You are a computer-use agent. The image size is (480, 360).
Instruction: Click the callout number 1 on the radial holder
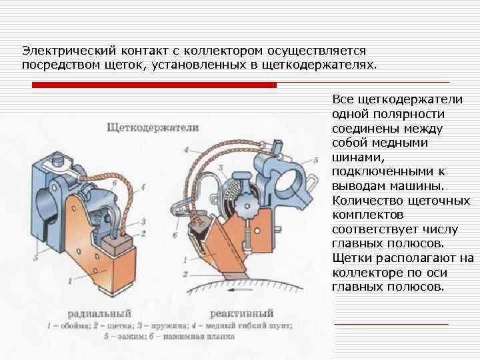(69, 283)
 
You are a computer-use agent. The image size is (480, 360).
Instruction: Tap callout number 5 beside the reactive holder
(315, 161)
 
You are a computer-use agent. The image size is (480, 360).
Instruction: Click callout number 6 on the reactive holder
(175, 235)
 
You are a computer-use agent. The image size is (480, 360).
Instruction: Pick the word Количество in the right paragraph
(363, 200)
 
